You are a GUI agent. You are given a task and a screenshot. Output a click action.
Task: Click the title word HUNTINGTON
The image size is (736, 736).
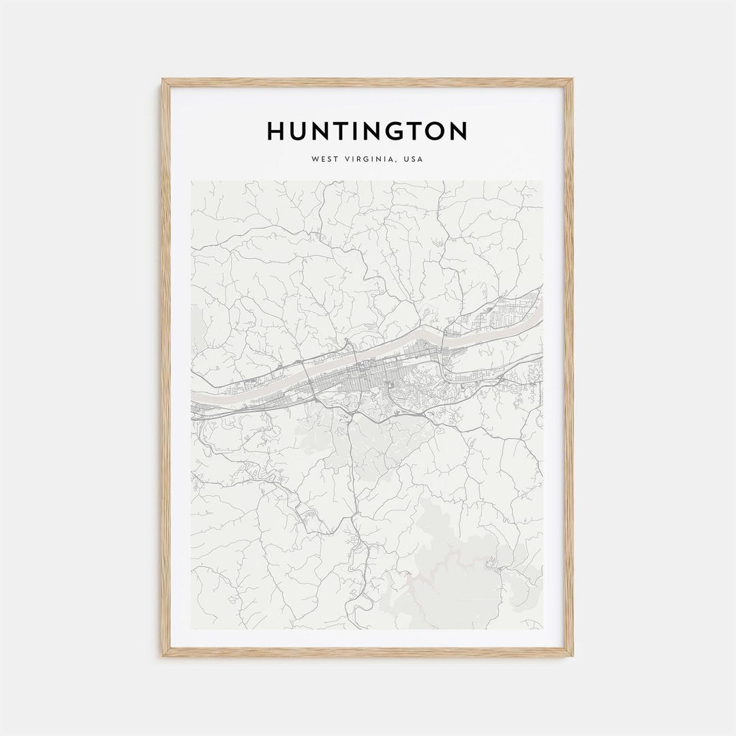367,131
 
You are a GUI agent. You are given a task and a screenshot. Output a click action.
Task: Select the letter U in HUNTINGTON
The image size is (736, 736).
299,131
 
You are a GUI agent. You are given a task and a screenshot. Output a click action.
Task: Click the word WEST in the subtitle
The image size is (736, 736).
324,159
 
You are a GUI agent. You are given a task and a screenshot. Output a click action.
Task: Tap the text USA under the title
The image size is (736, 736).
413,159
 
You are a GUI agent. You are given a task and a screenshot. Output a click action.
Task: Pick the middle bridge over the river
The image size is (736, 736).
355,357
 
